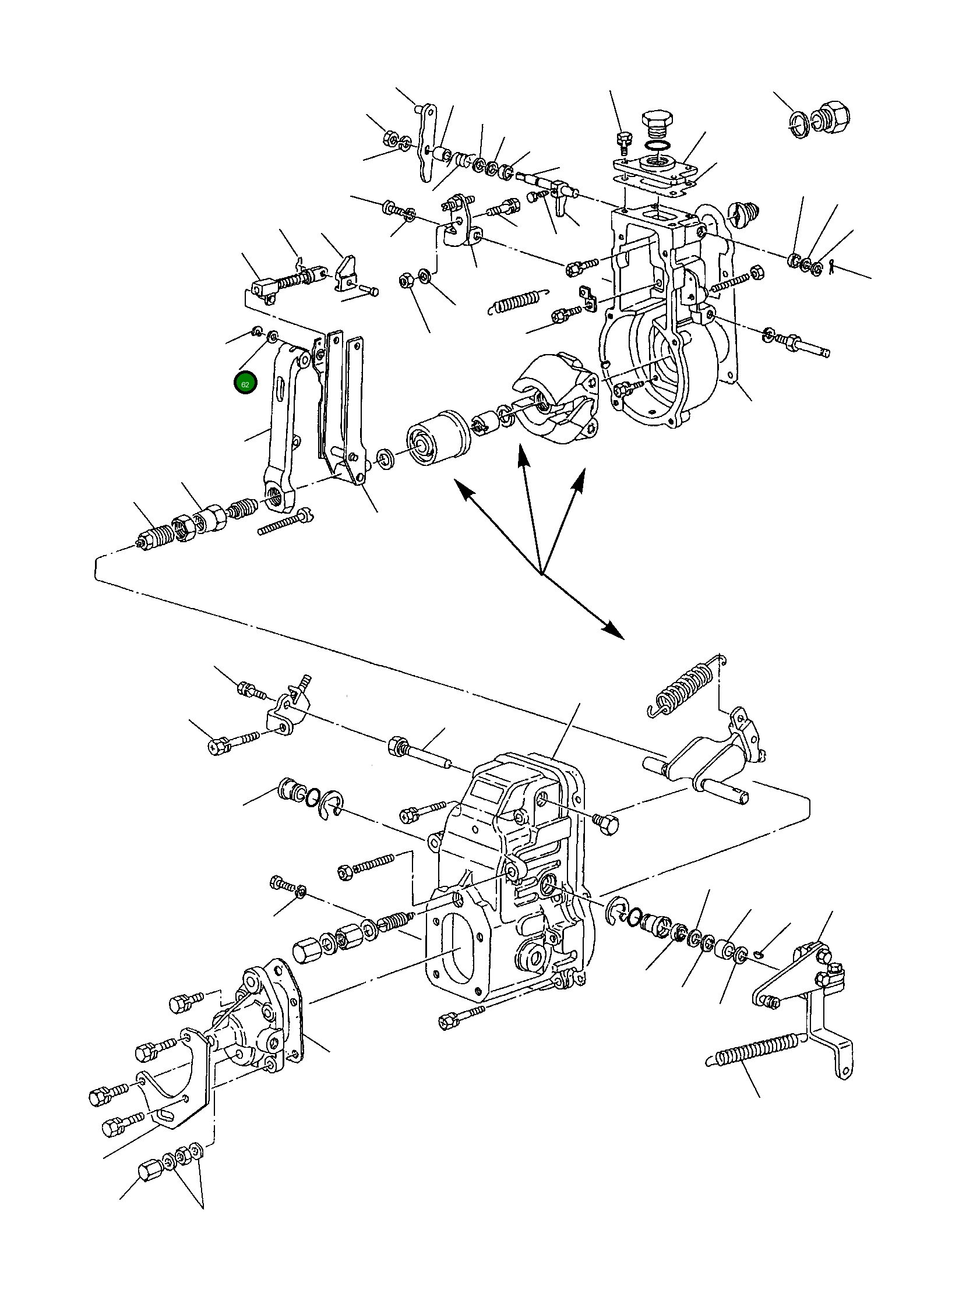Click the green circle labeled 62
[245, 384]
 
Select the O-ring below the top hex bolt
[657, 144]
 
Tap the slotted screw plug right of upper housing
[743, 213]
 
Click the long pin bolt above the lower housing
[418, 754]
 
